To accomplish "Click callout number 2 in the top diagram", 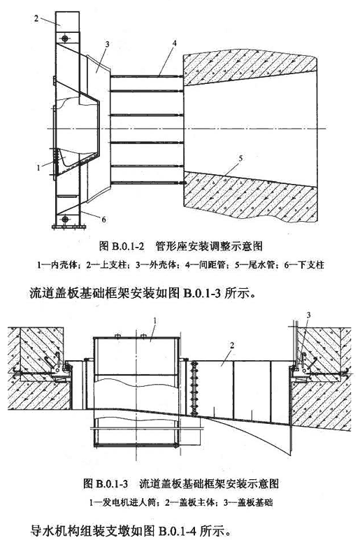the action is (36, 18).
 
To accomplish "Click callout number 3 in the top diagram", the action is (108, 44).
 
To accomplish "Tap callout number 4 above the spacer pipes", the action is (175, 43).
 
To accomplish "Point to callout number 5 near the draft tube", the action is (240, 158).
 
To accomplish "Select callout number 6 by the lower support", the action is (103, 219).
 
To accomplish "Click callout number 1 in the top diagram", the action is (39, 168).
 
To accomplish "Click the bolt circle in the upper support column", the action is (66, 38).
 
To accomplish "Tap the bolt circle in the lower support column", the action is (65, 219).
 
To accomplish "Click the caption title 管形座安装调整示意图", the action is (209, 246).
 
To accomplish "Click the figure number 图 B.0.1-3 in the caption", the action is (106, 483).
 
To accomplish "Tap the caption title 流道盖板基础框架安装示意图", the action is (209, 483).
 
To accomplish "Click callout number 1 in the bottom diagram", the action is (155, 320).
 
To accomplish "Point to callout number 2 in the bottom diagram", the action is (232, 345).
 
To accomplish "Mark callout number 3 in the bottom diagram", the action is (308, 315).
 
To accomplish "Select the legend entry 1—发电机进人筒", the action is (124, 502).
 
